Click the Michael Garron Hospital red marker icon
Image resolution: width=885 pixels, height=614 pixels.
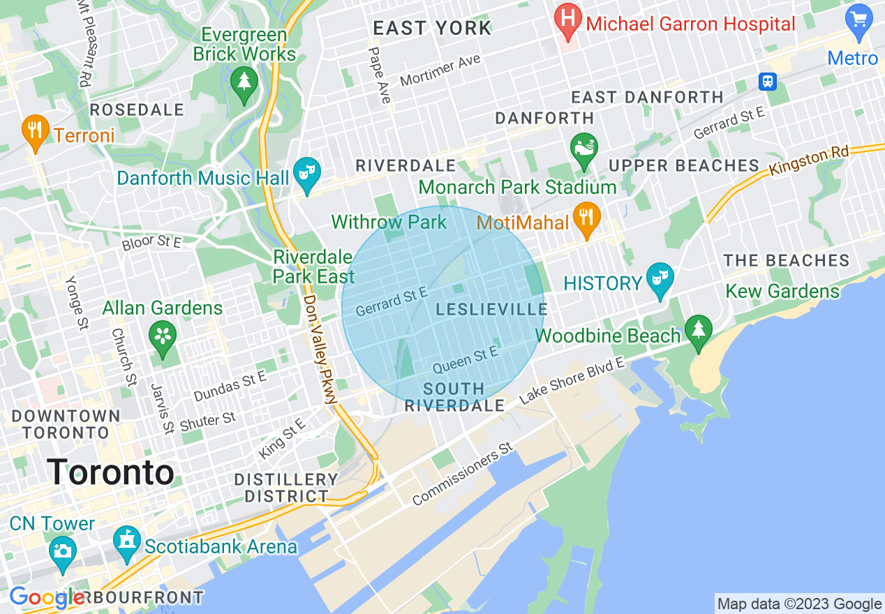(567, 23)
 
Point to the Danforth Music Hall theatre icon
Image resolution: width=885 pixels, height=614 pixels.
(306, 175)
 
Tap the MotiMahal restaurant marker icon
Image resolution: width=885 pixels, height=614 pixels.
(587, 218)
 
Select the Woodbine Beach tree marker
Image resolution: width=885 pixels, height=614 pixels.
(698, 332)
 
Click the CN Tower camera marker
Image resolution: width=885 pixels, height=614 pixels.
(63, 550)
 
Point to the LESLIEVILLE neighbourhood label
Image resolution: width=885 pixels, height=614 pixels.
(491, 309)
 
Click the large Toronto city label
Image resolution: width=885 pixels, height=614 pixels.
(111, 472)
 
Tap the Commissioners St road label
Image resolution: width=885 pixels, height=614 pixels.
(462, 474)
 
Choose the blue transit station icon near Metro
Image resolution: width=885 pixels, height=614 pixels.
(768, 81)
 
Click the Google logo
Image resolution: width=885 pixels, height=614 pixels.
(47, 597)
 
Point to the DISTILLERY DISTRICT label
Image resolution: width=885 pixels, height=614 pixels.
(285, 488)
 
